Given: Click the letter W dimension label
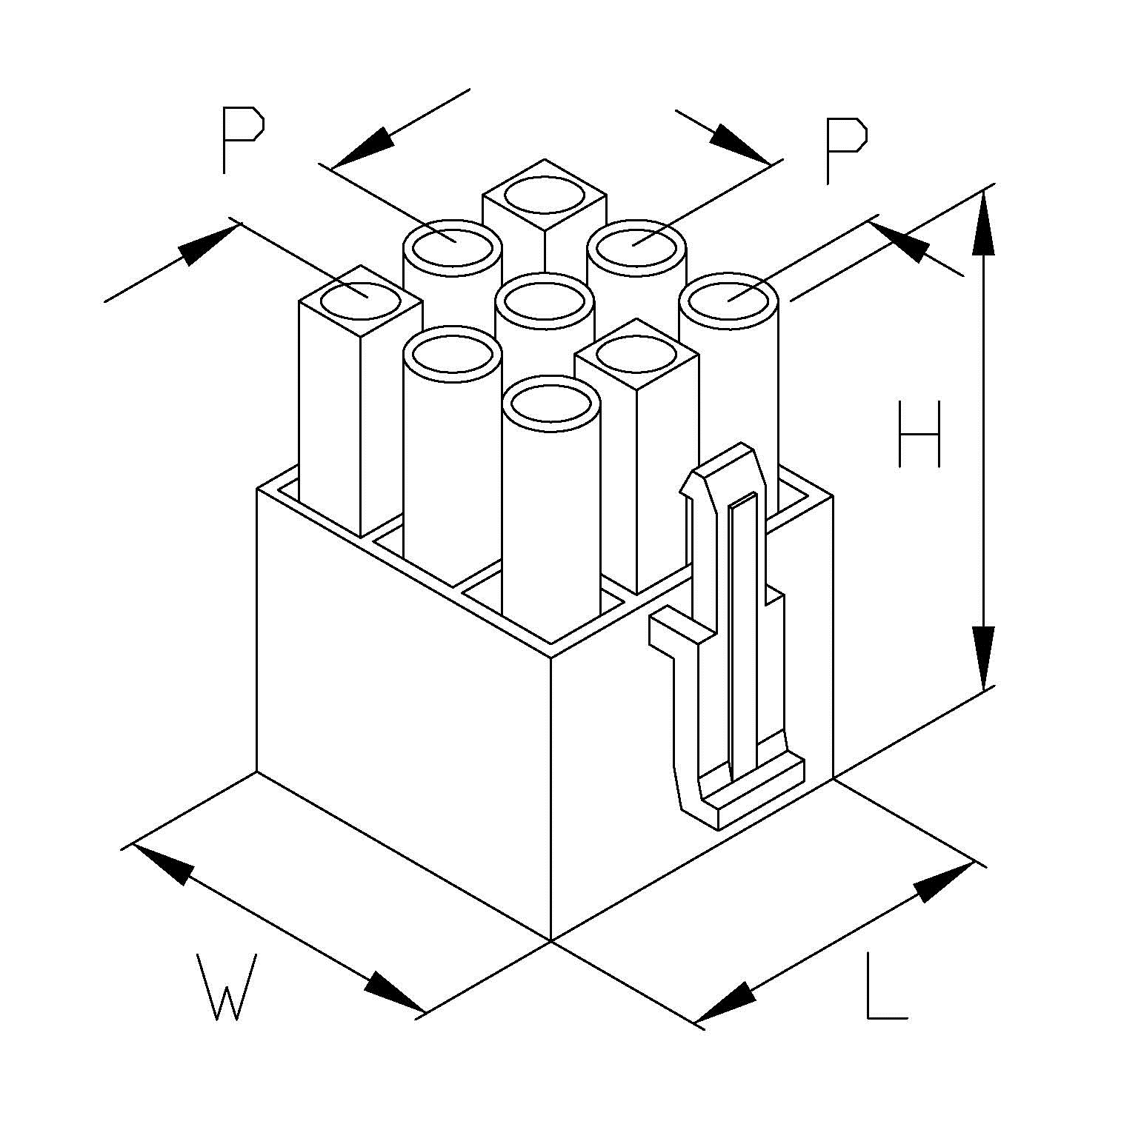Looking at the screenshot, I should click(227, 986).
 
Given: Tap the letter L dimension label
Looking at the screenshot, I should click(885, 987).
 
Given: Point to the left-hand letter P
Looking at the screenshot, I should click(242, 140).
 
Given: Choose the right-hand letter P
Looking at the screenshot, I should click(845, 150).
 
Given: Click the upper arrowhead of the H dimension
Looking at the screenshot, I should click(983, 222).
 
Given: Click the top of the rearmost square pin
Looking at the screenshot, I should click(545, 195).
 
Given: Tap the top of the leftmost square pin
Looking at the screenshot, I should click(361, 302).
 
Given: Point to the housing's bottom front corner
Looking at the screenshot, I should click(551, 941).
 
